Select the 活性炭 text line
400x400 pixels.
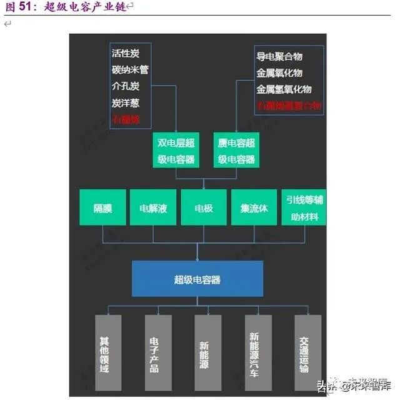125,54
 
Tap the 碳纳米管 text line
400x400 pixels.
130,70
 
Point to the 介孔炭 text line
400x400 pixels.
125,86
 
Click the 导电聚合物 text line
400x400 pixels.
279,56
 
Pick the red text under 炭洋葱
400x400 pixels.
125,119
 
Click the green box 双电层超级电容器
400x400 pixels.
176,150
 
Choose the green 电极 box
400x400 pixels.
203,207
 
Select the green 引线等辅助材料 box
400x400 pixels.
304,207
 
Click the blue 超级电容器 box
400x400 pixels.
197,279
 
